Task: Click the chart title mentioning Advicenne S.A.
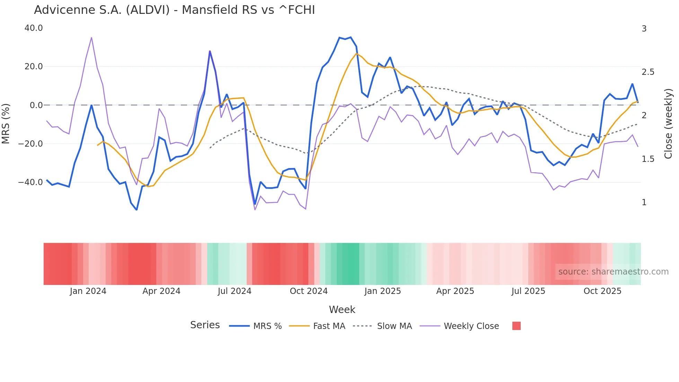(x=174, y=10)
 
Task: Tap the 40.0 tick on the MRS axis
(x=34, y=28)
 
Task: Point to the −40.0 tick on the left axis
(x=30, y=182)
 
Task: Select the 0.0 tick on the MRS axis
(x=36, y=105)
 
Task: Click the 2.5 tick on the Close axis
(x=648, y=72)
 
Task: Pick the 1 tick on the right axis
(x=644, y=202)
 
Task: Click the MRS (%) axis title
(x=6, y=123)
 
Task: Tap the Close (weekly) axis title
(x=668, y=123)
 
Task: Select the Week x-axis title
(x=342, y=310)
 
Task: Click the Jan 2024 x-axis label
(x=88, y=291)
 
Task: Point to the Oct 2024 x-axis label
(x=309, y=291)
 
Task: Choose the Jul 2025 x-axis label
(x=528, y=291)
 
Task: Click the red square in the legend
(x=516, y=326)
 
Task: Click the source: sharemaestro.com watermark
(x=613, y=272)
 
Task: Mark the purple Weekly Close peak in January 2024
(x=91, y=37)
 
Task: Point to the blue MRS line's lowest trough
(x=136, y=210)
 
